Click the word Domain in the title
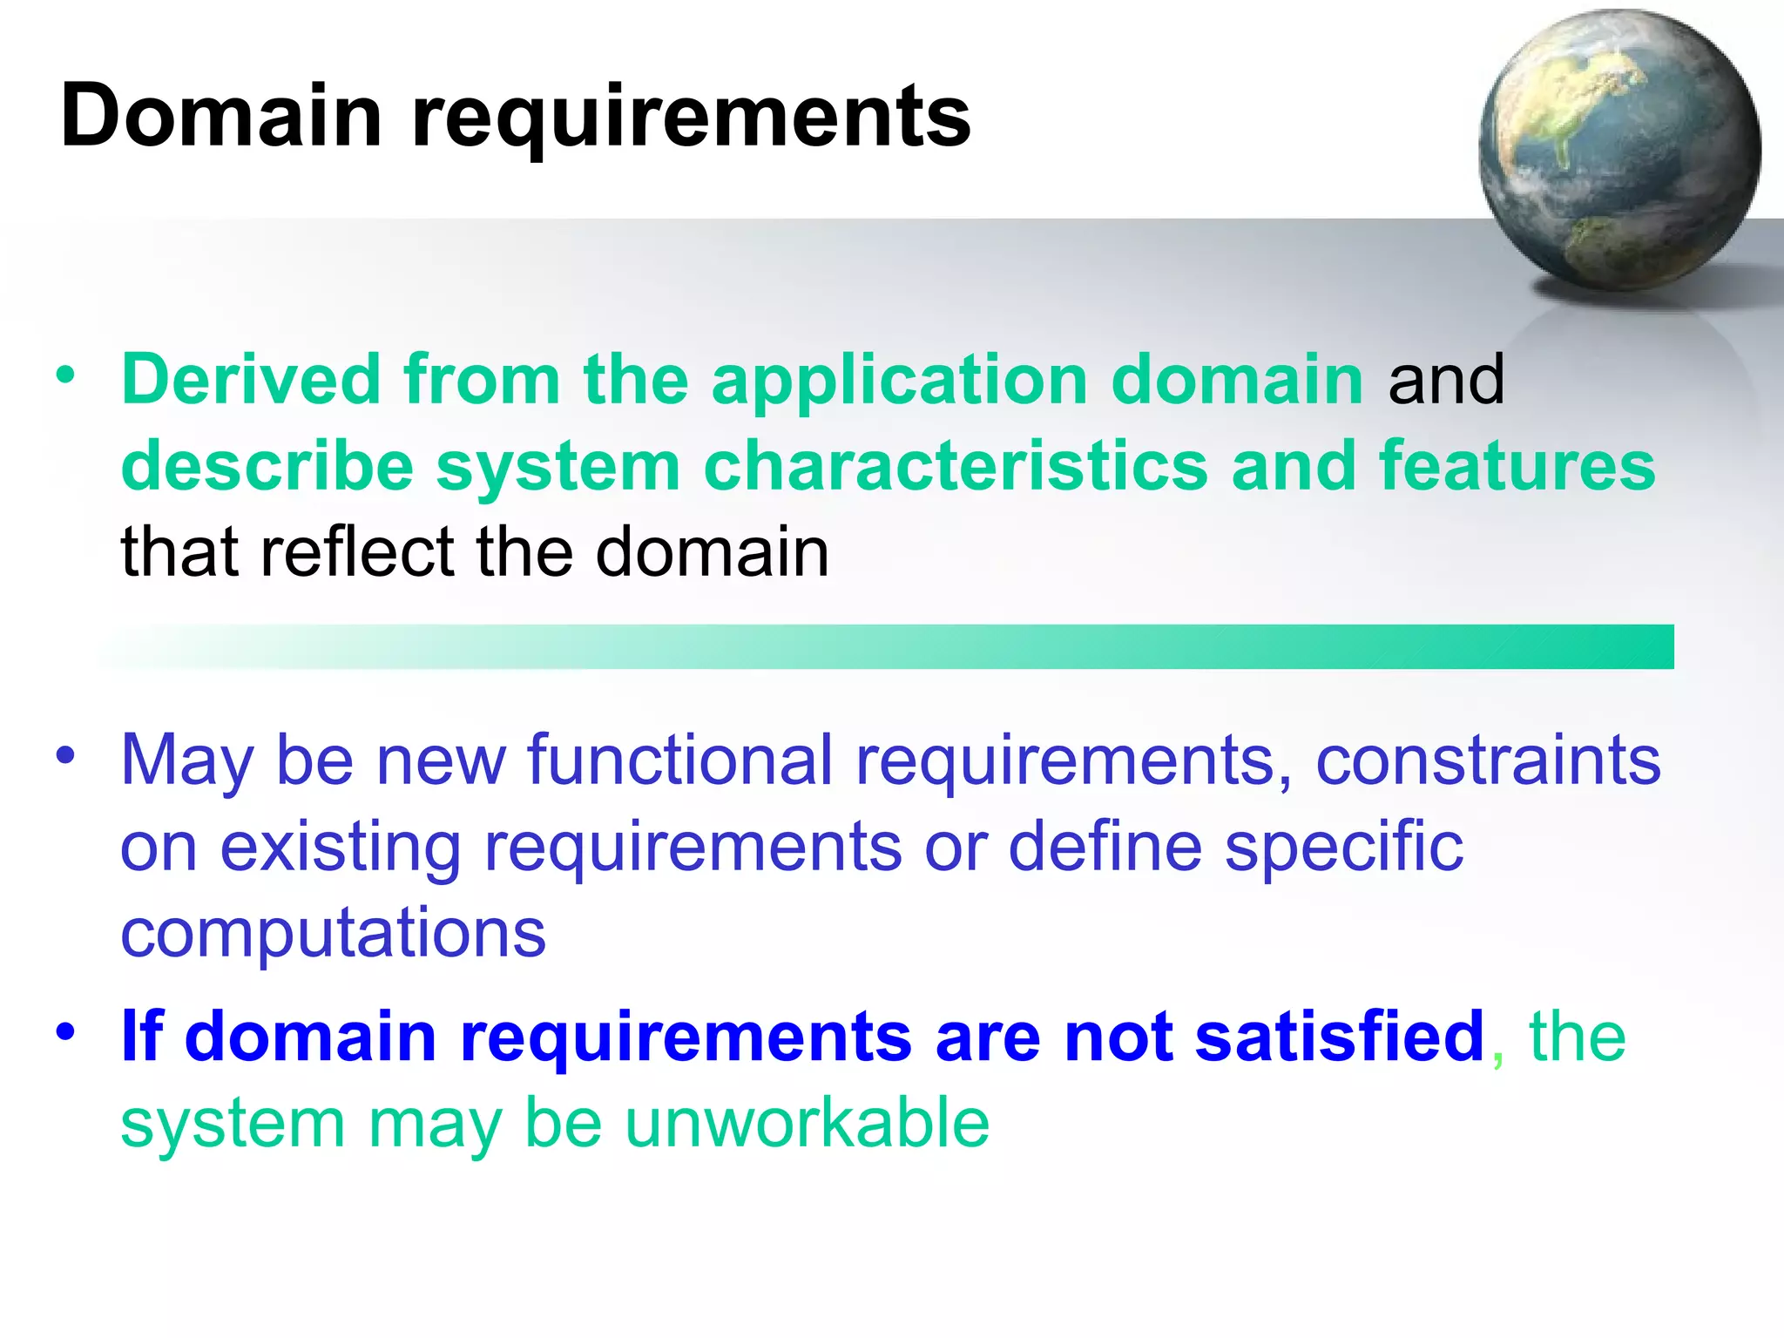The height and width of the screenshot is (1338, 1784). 221,115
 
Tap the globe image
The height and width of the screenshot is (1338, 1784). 1618,150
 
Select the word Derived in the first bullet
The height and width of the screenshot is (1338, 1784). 251,380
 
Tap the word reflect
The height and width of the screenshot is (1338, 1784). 357,552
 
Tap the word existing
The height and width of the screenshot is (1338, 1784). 340,847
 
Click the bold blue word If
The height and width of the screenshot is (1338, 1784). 141,1037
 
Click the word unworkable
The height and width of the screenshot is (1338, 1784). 807,1124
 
